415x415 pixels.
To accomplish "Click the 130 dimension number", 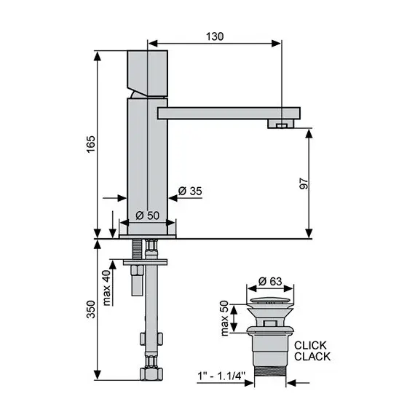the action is point(215,36).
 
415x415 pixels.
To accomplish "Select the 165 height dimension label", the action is point(91,144).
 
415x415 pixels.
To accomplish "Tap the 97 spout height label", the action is point(304,183).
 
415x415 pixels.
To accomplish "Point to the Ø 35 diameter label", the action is point(190,191).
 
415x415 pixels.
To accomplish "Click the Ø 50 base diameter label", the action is point(147,216).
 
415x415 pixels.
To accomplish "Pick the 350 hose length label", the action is point(91,309).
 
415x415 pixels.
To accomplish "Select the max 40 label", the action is point(106,288).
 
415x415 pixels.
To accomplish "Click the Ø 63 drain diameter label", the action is point(270,281).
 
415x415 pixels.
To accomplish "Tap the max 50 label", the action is point(224,318).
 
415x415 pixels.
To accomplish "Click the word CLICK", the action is point(310,345).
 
